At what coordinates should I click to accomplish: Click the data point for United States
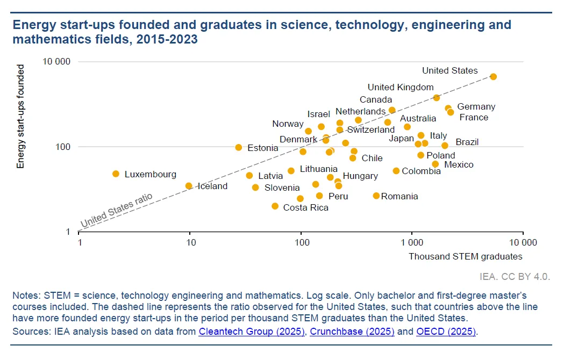coord(494,77)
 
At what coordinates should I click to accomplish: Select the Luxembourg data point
coord(116,174)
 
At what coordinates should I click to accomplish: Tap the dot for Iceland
coord(189,186)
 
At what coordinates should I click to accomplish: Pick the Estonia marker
coord(239,147)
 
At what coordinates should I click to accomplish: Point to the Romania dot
coord(376,196)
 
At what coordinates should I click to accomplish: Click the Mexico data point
coord(436,164)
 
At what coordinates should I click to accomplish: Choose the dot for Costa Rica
coord(275,206)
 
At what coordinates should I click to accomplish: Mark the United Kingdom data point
coord(436,98)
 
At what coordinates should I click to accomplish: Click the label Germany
coord(476,107)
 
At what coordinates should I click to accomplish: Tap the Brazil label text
coord(467,142)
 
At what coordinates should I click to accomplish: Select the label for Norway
coord(288,124)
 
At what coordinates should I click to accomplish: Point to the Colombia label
coord(421,171)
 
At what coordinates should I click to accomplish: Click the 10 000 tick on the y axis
coord(56,62)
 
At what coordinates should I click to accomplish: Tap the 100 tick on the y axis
coord(63,147)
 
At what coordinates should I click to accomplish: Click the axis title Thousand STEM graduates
coord(465,256)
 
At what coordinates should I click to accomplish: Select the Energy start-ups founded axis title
coord(21,117)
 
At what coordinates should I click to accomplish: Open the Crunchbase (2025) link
coord(352,332)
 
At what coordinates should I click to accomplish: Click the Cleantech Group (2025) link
coord(252,332)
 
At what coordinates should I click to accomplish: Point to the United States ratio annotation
coord(117,210)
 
